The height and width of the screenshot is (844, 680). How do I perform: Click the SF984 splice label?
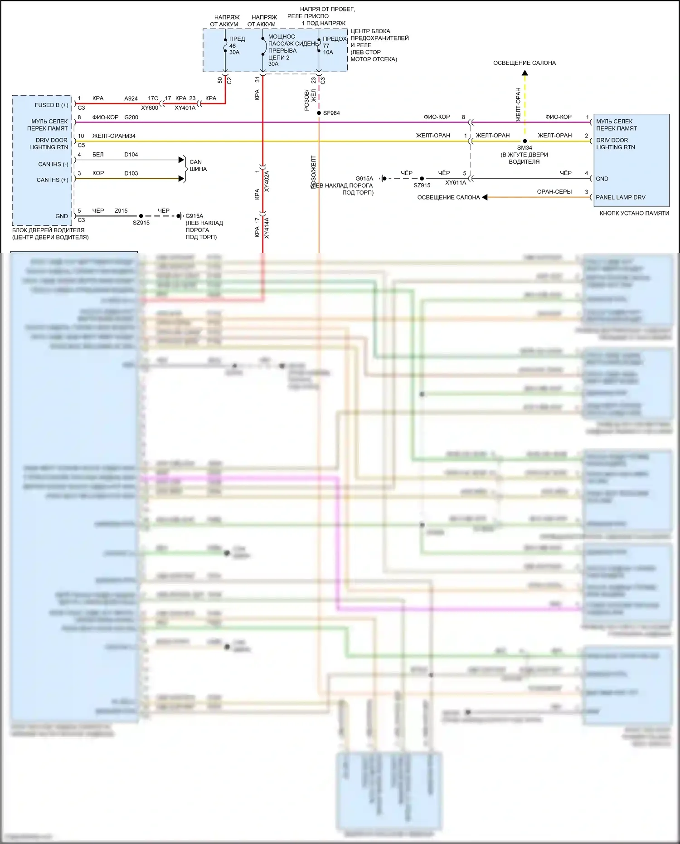(x=331, y=113)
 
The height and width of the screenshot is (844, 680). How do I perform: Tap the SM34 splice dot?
(x=525, y=141)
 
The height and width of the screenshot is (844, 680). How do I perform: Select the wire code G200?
(x=131, y=117)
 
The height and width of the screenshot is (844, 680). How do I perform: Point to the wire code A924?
(x=131, y=98)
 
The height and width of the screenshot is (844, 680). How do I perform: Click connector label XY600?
(x=150, y=108)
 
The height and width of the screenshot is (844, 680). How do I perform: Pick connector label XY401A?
(x=185, y=108)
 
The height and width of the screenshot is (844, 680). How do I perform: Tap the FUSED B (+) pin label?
(x=51, y=105)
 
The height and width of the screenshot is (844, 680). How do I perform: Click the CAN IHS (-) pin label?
(x=53, y=164)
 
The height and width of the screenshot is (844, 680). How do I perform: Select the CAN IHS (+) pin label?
(x=52, y=180)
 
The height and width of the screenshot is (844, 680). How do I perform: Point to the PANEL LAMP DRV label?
(x=620, y=197)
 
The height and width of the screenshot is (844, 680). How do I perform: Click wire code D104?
(x=131, y=155)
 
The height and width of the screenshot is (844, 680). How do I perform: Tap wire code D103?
(x=131, y=173)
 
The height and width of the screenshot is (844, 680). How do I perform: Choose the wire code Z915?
(x=121, y=211)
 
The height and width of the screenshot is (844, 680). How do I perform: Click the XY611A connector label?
(x=456, y=183)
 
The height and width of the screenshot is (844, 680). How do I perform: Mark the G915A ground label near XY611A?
(x=364, y=179)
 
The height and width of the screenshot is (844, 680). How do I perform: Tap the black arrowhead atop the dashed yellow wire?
(x=525, y=73)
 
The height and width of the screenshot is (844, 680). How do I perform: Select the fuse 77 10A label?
(x=328, y=49)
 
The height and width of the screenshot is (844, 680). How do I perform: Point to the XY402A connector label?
(x=267, y=181)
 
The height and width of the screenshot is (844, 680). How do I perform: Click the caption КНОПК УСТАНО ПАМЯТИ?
(x=634, y=213)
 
